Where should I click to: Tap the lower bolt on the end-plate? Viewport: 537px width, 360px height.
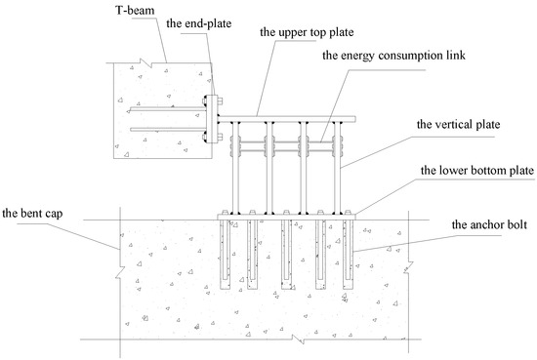point(217,136)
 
